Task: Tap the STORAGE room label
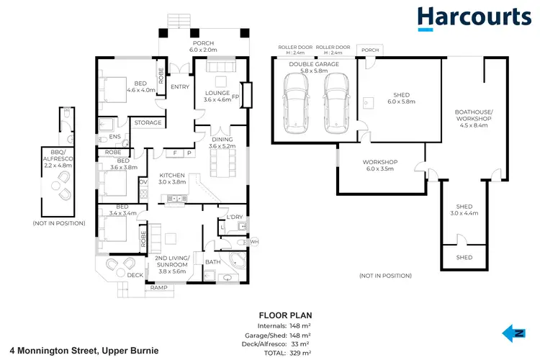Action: pos(148,123)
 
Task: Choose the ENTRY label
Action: pos(179,87)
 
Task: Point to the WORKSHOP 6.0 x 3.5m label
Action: pos(380,166)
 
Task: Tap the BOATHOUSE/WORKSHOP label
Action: pos(473,118)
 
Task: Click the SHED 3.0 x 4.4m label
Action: pos(464,210)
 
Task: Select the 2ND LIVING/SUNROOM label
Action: pos(172,262)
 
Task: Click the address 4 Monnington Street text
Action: pos(80,351)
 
